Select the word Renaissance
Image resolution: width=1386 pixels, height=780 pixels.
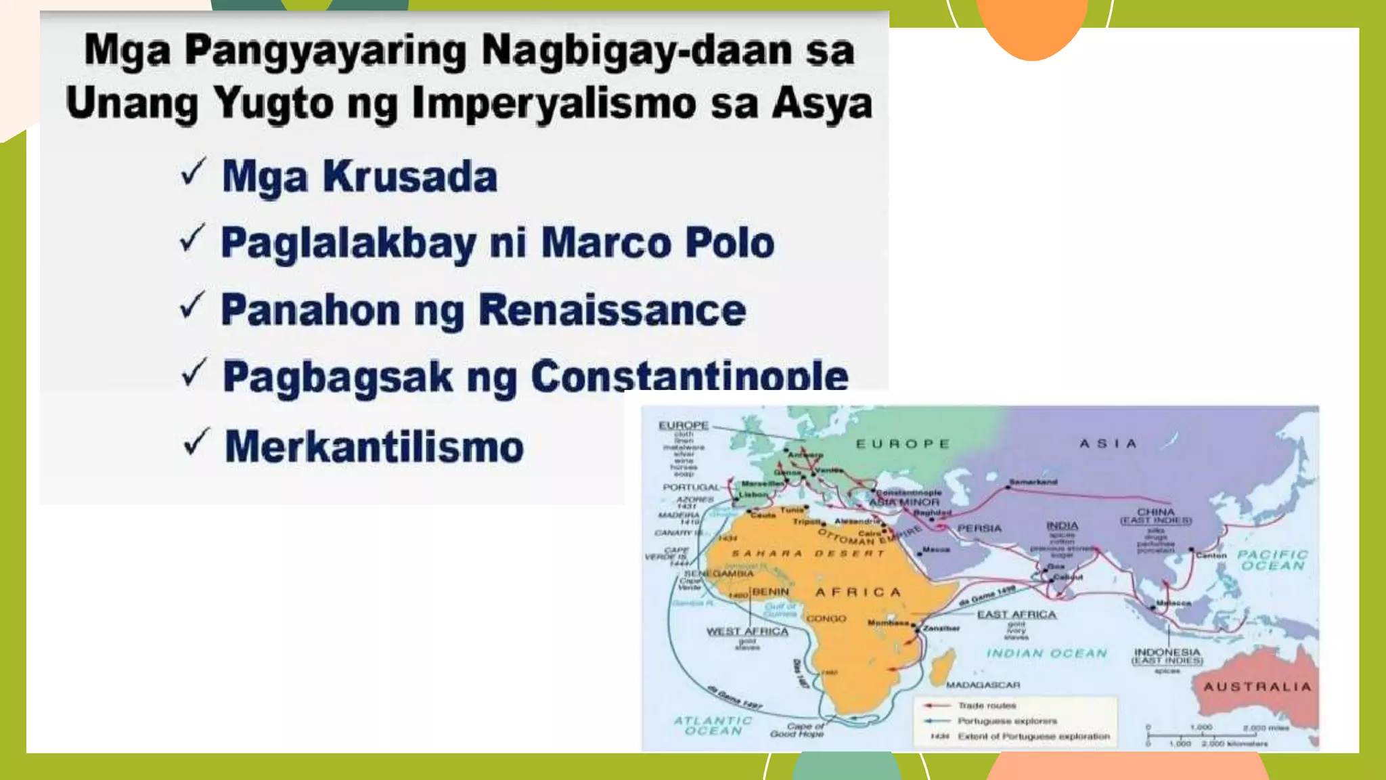[612, 310]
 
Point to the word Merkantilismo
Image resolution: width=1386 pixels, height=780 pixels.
[374, 447]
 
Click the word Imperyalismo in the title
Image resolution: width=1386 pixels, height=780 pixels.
[554, 104]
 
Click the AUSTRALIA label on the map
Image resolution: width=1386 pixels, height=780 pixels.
[1257, 687]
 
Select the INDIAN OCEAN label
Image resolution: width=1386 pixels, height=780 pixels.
[1046, 653]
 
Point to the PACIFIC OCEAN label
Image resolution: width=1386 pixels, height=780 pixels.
[1272, 560]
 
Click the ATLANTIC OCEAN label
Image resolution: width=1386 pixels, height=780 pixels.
[713, 726]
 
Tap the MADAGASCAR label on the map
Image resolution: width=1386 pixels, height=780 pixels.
[983, 685]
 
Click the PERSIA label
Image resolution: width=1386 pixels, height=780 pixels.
[979, 528]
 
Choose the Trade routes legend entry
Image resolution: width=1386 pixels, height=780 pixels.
[986, 706]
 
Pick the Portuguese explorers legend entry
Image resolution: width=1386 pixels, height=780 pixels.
[1006, 721]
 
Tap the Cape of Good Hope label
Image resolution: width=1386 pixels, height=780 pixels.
[797, 730]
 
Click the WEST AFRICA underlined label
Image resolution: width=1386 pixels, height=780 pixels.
[747, 631]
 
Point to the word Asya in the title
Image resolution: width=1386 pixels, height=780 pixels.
[822, 104]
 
